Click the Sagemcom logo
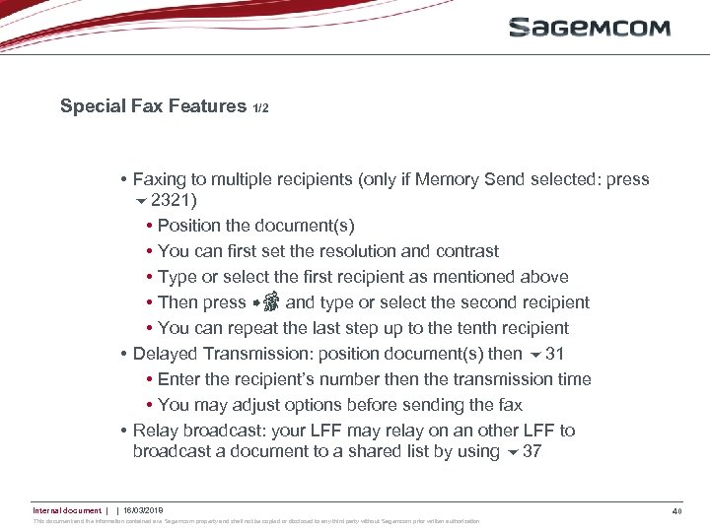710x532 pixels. pos(590,28)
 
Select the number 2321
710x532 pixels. pos(175,200)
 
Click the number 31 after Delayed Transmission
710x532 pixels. pos(555,354)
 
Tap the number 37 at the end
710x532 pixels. pos(532,452)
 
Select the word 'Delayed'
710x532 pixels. pos(166,354)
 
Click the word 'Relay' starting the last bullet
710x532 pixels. pos(155,431)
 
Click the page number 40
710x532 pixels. pos(675,510)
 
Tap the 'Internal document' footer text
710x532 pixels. pos(67,510)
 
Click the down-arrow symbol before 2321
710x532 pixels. pos(140,202)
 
